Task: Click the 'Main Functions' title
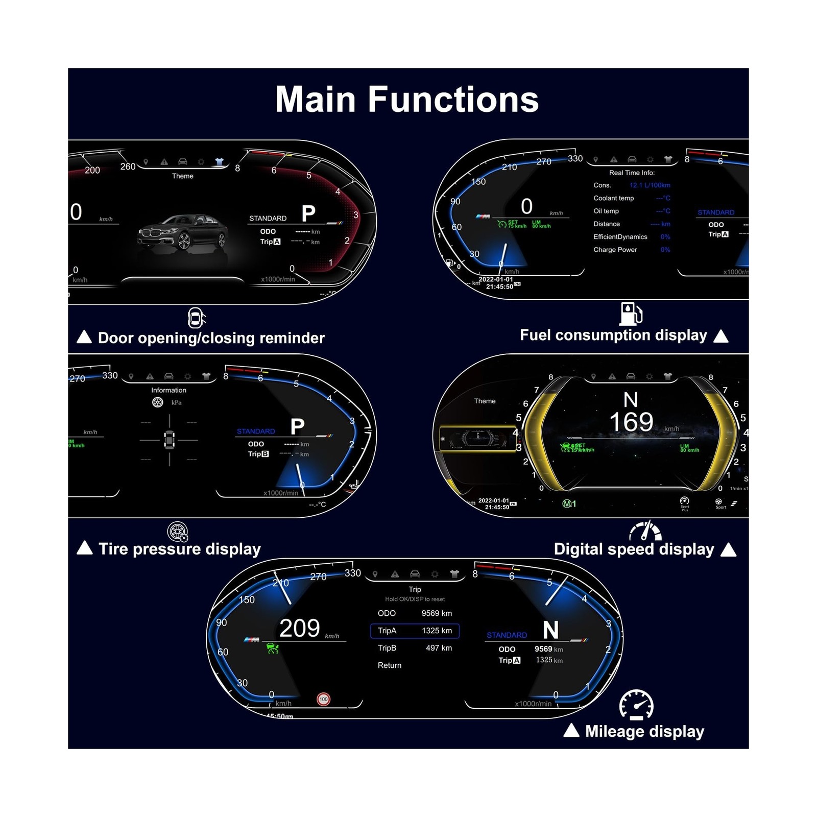click(407, 99)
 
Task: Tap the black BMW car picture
click(182, 232)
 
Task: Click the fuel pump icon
click(631, 314)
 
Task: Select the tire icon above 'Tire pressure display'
click(178, 532)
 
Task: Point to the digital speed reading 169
click(631, 422)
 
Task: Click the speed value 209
click(300, 628)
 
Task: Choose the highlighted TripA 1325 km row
click(415, 631)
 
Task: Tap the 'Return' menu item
click(390, 665)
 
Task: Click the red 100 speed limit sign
click(323, 699)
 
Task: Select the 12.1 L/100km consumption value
click(650, 185)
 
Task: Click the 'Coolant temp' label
click(613, 198)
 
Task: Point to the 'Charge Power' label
click(615, 250)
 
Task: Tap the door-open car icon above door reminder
click(196, 318)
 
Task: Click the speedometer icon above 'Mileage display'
click(636, 705)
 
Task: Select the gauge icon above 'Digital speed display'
click(645, 532)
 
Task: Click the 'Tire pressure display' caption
click(179, 549)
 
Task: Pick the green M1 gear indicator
click(569, 504)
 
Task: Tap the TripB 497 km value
click(439, 648)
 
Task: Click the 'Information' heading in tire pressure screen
click(169, 390)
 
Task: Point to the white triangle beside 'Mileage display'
click(571, 731)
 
